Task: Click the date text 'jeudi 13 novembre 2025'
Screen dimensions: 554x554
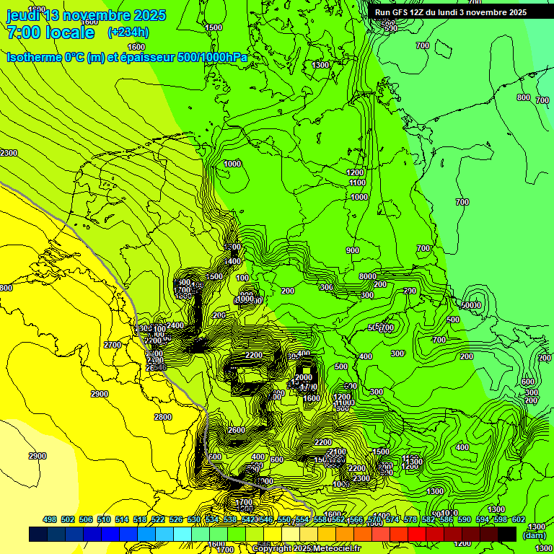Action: [x=86, y=15]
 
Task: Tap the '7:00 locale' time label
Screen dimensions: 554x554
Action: [x=50, y=32]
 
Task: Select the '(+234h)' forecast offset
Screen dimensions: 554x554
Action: [x=128, y=32]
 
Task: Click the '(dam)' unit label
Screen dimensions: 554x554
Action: [x=534, y=535]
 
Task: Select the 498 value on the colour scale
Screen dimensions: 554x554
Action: [x=50, y=519]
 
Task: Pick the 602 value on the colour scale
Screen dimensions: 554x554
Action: [x=518, y=519]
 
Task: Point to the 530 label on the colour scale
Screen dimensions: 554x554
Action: [x=194, y=519]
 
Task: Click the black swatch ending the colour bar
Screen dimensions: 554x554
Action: [x=507, y=534]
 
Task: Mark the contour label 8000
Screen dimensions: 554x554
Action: [x=368, y=276]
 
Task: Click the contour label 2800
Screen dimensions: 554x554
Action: [x=163, y=417]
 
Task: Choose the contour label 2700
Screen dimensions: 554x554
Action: [x=112, y=345]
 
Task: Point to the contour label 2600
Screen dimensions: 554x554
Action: [x=236, y=430]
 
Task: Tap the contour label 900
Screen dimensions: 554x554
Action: [x=352, y=250]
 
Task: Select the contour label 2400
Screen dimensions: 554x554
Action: [x=175, y=326]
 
